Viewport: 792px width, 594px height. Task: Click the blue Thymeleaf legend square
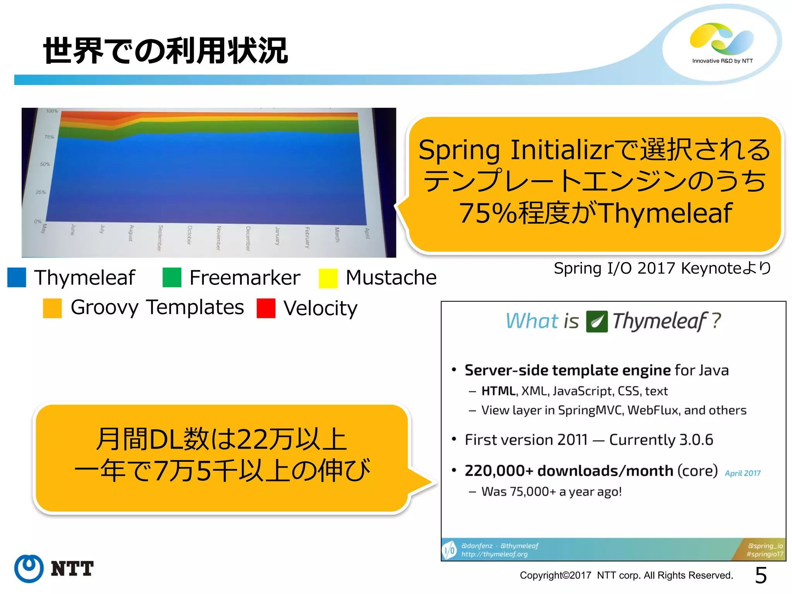17,277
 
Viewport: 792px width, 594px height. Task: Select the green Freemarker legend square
172,277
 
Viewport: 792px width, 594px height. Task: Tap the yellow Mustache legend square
328,278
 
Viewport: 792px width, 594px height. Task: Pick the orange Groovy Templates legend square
52,308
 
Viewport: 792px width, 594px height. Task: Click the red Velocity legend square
266,308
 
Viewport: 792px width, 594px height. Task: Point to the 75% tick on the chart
49,137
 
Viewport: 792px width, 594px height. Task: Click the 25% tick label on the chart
41,192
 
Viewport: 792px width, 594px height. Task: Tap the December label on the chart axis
248,238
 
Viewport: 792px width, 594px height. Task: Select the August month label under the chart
131,233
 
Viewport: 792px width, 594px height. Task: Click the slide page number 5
761,575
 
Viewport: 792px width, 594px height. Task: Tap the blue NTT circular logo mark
29,568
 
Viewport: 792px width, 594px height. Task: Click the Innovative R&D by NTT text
722,61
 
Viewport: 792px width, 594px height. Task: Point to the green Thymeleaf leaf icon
597,321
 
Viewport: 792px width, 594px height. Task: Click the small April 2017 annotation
742,473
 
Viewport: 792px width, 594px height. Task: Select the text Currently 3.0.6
661,440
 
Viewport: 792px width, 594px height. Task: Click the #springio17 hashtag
765,554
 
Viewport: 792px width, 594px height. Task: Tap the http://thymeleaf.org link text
494,554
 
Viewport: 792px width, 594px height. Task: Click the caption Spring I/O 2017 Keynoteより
662,268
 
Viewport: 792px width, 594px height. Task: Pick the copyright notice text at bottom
626,575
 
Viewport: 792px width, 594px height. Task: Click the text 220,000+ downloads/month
568,471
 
